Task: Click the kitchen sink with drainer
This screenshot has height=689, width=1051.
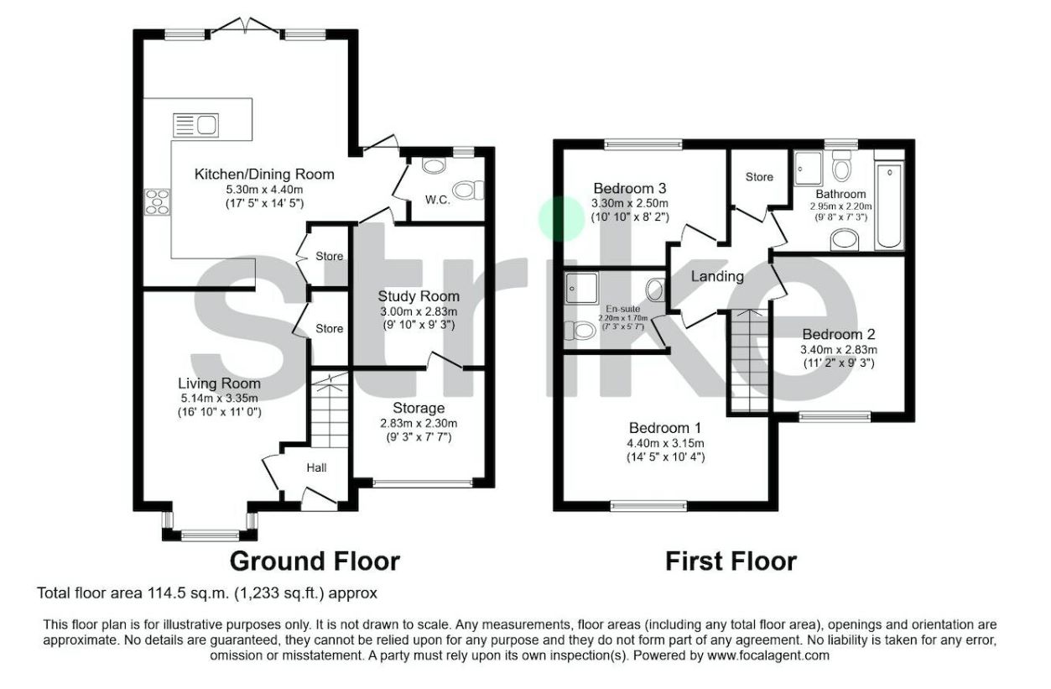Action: (195, 125)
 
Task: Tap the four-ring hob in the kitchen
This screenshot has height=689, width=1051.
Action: (157, 201)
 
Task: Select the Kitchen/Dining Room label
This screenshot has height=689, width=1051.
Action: (264, 174)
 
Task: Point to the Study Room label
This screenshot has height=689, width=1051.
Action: (419, 296)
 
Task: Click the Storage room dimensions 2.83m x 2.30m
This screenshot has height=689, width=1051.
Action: (419, 423)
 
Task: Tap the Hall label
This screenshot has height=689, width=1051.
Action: (317, 467)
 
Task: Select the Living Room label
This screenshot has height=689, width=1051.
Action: (219, 384)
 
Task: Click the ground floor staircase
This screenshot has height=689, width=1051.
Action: (330, 410)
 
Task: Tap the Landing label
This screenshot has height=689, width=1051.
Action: (717, 276)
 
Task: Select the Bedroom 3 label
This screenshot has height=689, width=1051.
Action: (630, 188)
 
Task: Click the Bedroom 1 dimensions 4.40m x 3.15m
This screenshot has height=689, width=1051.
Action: (665, 443)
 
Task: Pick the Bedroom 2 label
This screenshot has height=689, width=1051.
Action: (839, 334)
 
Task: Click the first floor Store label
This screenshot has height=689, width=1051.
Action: (759, 177)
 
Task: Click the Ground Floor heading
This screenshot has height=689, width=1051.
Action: (315, 561)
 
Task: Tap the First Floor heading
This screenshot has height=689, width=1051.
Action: (731, 561)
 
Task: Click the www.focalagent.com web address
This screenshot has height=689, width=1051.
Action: (768, 655)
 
